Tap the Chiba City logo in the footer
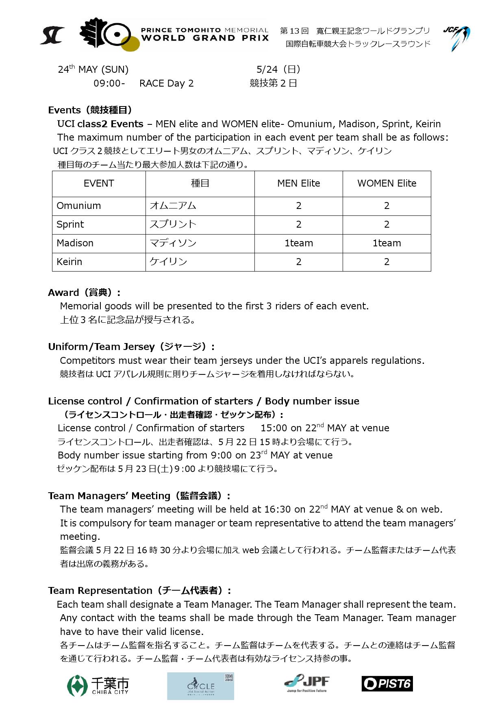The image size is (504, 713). [x=98, y=686]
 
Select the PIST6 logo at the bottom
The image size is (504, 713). [x=387, y=683]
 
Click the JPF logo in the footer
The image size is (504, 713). [x=307, y=683]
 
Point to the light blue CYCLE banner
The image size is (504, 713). [x=200, y=686]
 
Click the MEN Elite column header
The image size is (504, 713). [x=298, y=184]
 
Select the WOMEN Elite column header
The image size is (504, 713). [x=387, y=184]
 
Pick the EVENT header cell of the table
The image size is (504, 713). [x=99, y=184]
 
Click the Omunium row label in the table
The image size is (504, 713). [x=79, y=206]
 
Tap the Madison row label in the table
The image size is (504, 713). [x=75, y=243]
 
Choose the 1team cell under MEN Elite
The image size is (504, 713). [x=298, y=243]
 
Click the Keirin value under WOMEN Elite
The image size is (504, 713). [x=387, y=262]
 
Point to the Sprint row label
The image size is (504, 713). [x=70, y=225]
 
